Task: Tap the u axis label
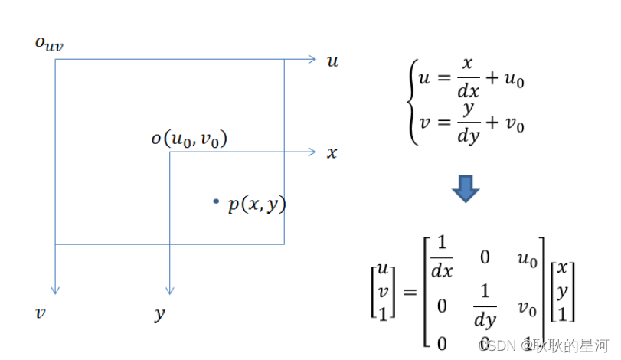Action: click(332, 61)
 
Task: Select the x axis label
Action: click(332, 153)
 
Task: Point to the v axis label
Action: click(40, 313)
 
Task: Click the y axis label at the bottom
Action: click(159, 314)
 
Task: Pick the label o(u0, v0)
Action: click(189, 139)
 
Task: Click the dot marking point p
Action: click(217, 201)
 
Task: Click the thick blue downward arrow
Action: click(465, 188)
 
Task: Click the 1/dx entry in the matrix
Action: click(442, 258)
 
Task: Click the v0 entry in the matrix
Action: click(528, 307)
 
